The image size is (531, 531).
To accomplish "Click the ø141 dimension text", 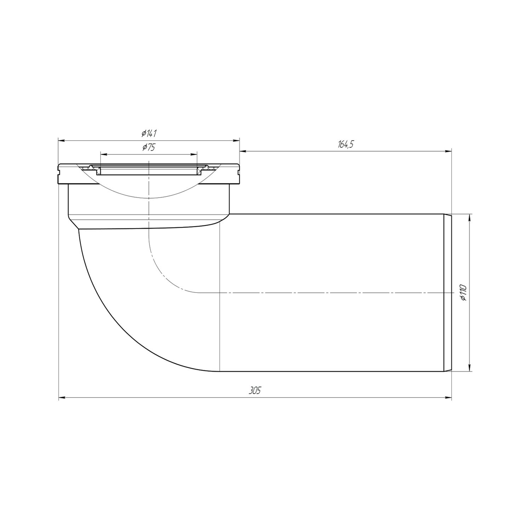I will tap(149, 134).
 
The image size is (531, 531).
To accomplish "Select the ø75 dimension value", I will tap(149, 148).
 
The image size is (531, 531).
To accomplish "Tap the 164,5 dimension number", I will tap(346, 144).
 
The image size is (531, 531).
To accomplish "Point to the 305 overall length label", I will tap(255, 391).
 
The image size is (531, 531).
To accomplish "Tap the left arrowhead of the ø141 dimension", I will tap(61, 141).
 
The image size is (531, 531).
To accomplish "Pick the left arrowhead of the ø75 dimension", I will tap(103, 154).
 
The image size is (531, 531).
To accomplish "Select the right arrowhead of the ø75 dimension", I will tap(194, 154).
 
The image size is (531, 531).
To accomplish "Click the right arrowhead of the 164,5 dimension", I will tap(449, 152).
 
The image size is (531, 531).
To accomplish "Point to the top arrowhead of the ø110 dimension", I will tap(469, 217).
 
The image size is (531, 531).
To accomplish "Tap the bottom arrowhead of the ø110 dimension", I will tap(469, 369).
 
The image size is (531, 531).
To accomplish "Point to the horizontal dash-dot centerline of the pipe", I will tap(319, 293).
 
